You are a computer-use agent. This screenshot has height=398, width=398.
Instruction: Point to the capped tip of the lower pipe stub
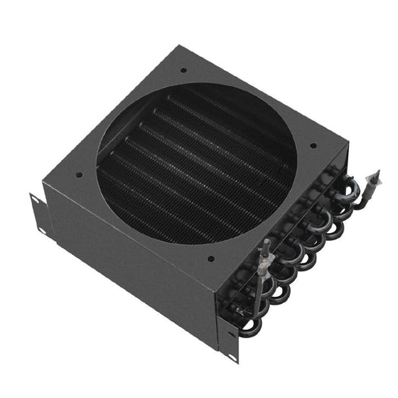point(265,243)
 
